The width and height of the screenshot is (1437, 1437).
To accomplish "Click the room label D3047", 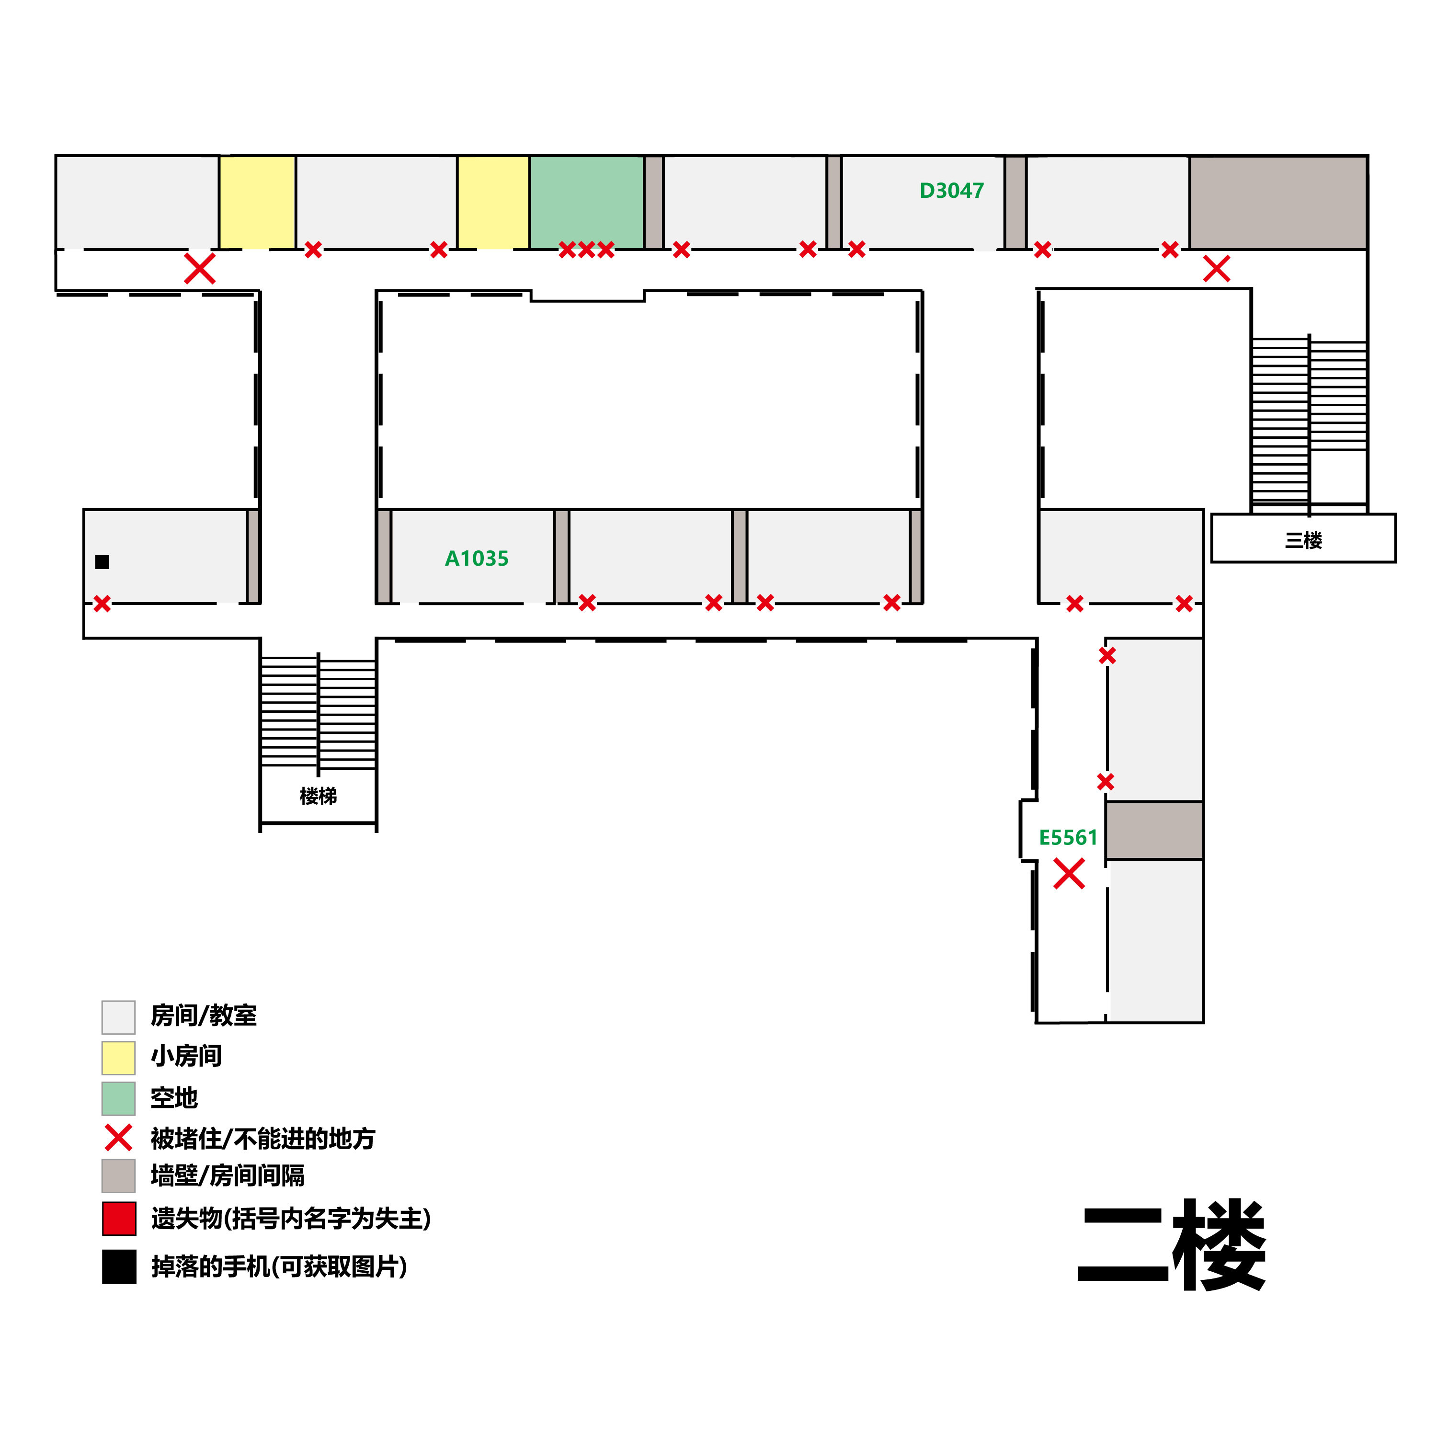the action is (951, 191).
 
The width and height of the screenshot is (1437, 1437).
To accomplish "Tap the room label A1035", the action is (477, 559).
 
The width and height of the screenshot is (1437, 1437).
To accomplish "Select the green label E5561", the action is (1068, 837).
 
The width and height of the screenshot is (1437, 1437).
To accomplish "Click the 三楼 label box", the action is (1303, 539).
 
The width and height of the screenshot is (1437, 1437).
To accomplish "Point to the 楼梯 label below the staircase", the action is (319, 796).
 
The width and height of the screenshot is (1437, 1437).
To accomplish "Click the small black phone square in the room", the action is (103, 562).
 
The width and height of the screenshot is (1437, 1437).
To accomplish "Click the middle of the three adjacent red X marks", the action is (586, 250).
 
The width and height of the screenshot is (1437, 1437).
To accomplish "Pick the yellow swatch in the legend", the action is (118, 1058).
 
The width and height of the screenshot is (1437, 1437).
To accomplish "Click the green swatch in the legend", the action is (118, 1098).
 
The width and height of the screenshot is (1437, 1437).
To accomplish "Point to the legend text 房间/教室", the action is (204, 1016).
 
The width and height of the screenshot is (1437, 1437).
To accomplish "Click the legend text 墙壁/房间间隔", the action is (228, 1176).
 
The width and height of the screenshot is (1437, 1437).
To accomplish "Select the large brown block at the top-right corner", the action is (1278, 202).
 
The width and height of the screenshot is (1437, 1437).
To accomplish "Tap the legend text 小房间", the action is (186, 1056).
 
